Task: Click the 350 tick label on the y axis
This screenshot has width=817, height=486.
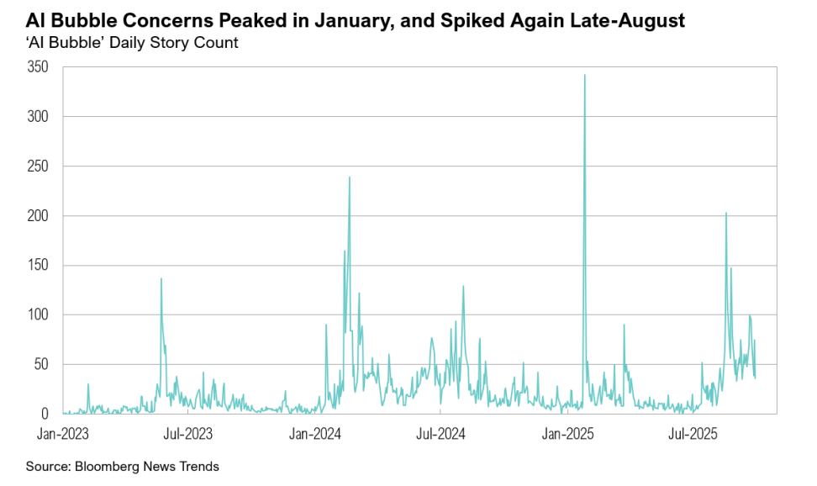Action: (40, 67)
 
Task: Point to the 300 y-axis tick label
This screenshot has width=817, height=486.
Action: (40, 117)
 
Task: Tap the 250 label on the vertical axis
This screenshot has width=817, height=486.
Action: (40, 166)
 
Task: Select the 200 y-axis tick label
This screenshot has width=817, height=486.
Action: (40, 216)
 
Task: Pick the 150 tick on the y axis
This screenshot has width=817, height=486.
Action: (40, 266)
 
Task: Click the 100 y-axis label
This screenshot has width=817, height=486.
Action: (40, 315)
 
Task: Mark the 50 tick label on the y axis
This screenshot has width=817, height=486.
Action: (43, 365)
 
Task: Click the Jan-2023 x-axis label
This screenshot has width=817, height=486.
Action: (63, 435)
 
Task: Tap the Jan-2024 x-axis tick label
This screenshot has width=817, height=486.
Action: (314, 435)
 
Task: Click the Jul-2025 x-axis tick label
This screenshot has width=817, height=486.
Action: (691, 435)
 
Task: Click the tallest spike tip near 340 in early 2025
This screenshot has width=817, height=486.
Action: (584, 75)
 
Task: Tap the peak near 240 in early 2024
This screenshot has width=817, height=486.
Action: (350, 177)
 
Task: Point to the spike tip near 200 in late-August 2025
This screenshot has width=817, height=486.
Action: (726, 213)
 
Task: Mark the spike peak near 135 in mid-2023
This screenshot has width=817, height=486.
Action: (161, 278)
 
